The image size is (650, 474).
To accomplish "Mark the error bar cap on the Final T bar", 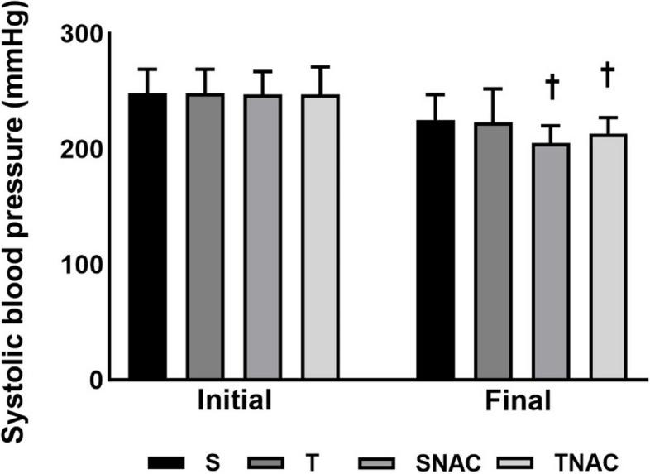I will pyautogui.click(x=493, y=89).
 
